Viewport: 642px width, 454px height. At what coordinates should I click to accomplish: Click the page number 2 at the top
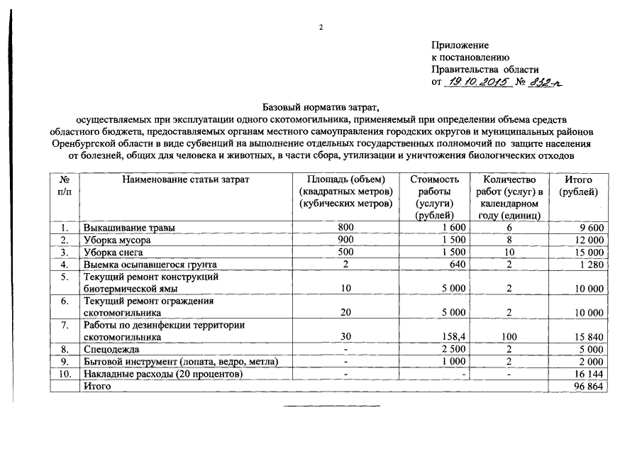(321, 28)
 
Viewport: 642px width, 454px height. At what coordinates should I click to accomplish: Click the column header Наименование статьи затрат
(186, 180)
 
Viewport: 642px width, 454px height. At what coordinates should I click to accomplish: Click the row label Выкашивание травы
(129, 228)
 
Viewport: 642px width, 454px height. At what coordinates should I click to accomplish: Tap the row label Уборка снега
(114, 252)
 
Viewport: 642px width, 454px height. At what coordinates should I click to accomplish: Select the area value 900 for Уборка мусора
(345, 240)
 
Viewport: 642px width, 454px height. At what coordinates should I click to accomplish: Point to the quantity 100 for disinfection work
(509, 337)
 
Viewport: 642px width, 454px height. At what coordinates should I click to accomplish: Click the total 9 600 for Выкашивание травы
(590, 228)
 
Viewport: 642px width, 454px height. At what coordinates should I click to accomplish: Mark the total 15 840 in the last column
(588, 337)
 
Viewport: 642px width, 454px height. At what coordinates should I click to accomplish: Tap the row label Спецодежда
(111, 349)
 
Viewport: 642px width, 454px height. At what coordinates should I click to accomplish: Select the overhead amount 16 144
(588, 373)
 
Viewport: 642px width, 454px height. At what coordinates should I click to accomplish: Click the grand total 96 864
(588, 385)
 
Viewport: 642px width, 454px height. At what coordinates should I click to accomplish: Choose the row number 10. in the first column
(64, 373)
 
